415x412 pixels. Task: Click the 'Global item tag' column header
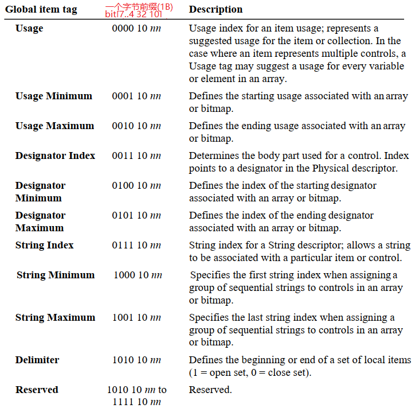tap(41, 10)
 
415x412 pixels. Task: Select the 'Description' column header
tap(216, 9)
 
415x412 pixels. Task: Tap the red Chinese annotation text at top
tap(139, 6)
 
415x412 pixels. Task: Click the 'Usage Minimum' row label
tap(53, 96)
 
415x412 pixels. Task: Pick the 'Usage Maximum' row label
tap(54, 126)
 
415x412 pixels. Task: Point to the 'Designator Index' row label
tap(55, 156)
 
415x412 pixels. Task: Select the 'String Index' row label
tap(45, 245)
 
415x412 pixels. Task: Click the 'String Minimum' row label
tap(56, 275)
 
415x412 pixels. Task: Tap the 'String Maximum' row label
tap(55, 317)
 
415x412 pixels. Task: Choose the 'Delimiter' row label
tap(37, 360)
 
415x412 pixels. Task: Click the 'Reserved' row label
tap(37, 390)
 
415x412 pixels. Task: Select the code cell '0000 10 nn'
tap(136, 28)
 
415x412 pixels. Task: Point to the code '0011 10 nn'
tap(136, 156)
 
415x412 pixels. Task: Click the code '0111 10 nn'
tap(136, 245)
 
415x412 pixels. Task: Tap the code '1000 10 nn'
tap(138, 275)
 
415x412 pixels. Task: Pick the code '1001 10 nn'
tap(136, 317)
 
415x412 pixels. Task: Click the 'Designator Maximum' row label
tap(40, 221)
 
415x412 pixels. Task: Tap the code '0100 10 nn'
tap(136, 185)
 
